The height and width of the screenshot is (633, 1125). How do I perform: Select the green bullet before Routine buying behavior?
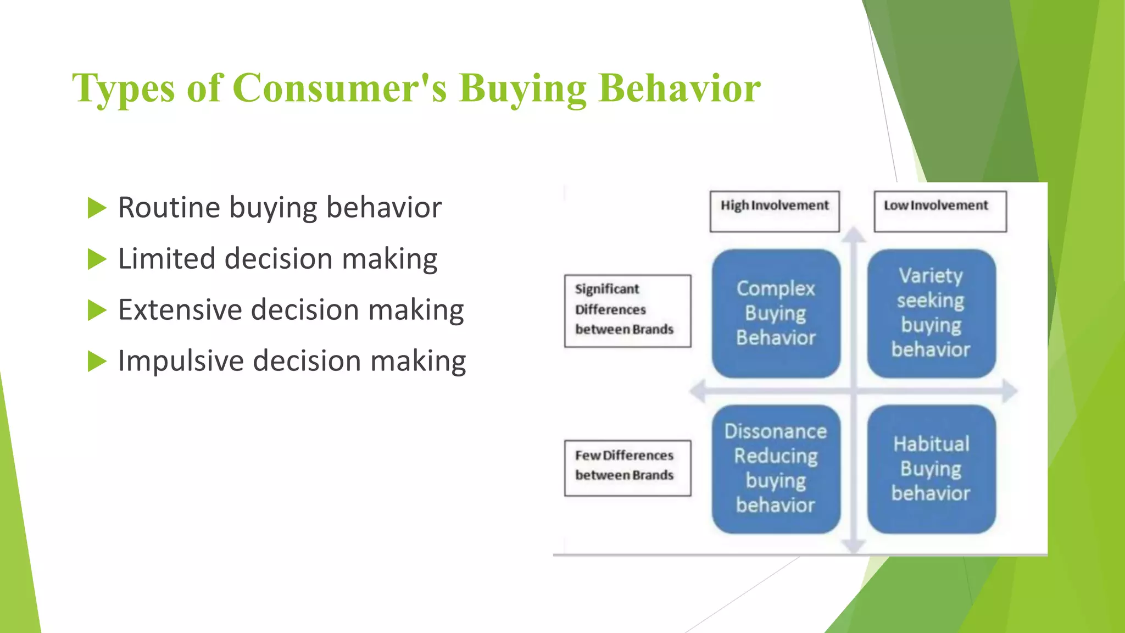click(x=97, y=208)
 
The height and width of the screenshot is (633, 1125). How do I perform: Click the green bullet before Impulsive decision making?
click(x=97, y=362)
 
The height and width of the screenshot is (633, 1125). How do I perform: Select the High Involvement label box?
click(x=774, y=211)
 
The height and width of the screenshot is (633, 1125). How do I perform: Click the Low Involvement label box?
click(x=940, y=211)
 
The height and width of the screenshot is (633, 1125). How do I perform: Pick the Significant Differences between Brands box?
click(x=627, y=310)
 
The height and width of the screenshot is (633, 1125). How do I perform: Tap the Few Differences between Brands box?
click(x=627, y=468)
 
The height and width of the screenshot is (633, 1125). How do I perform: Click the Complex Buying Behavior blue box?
click(x=776, y=313)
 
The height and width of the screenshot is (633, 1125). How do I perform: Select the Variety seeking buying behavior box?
click(x=931, y=313)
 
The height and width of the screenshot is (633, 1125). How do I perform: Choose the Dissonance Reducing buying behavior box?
click(x=776, y=469)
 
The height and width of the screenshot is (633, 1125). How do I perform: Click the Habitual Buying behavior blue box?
click(x=931, y=469)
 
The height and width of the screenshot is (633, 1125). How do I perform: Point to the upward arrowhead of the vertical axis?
click(x=854, y=235)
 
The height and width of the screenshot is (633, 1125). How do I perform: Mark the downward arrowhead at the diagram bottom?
click(x=854, y=546)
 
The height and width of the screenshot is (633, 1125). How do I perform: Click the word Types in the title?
click(x=124, y=88)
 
